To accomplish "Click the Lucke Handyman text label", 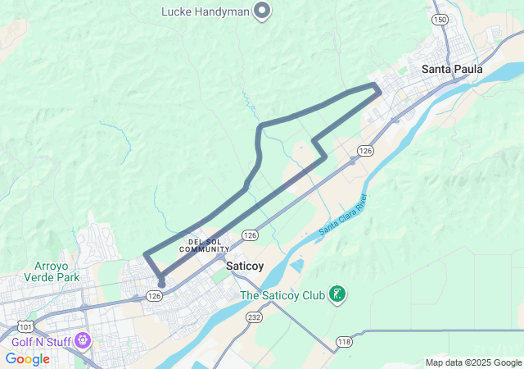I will click(205, 11).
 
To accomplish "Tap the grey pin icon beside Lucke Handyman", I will click(262, 11).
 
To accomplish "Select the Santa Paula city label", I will click(452, 70).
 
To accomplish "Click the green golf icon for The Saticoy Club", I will click(337, 294).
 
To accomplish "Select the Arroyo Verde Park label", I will click(57, 272).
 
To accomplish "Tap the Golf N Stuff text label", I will click(40, 339).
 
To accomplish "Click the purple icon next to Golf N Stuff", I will click(82, 339).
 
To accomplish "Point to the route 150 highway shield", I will click(441, 19).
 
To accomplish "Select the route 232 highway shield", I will click(255, 316).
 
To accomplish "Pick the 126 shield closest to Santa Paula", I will click(365, 151).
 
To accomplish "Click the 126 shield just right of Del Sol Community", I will click(251, 235).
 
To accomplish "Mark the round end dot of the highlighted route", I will click(161, 284).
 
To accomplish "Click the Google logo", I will click(28, 359).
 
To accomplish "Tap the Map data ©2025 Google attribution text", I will click(473, 362).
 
